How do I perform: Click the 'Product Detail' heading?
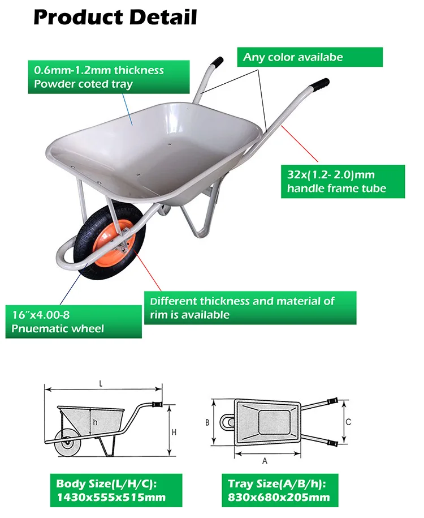coord(115,17)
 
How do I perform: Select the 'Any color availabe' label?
coord(309,57)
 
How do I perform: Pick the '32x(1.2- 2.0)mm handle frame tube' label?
coord(343,181)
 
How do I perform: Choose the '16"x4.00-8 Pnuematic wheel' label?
coord(73,322)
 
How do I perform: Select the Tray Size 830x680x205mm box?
coord(279,490)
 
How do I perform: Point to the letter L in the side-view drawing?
coord(101,383)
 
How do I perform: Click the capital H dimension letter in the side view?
coord(174,432)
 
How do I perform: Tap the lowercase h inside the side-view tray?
coord(96,422)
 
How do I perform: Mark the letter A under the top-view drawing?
coord(265,461)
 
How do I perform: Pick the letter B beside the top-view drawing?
coord(207,422)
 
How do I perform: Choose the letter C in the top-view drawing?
coord(348,422)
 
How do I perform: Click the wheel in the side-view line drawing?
coord(68,443)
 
